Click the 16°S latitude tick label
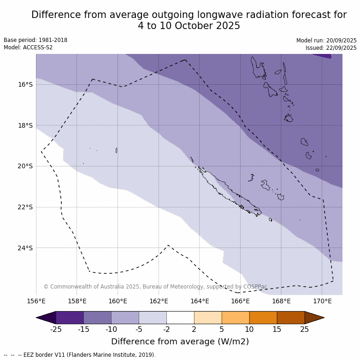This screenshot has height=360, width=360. tap(25, 84)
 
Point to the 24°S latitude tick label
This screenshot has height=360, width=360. tap(25, 248)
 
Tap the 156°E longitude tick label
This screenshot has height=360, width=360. tap(36, 301)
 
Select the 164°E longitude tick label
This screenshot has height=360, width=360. tap(200, 301)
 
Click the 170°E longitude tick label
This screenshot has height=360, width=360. tap(322, 301)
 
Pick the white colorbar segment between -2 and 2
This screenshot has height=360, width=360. tap(180, 318)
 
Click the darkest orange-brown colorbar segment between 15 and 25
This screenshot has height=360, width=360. tap(291, 318)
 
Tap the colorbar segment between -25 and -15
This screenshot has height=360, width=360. tap(70, 318)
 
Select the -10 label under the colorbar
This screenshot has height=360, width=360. tap(111, 329)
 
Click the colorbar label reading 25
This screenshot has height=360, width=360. tap(305, 329)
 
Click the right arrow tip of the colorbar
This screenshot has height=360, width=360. tap(323, 318)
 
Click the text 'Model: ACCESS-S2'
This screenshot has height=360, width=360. tap(28, 47)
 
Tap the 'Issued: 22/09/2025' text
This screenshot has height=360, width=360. tap(331, 48)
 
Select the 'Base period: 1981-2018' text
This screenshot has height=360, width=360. tap(35, 40)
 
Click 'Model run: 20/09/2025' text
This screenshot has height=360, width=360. tap(326, 41)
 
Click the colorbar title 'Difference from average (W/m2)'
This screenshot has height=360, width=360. tap(180, 342)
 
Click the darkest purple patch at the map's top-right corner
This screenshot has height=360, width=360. tap(325, 55)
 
